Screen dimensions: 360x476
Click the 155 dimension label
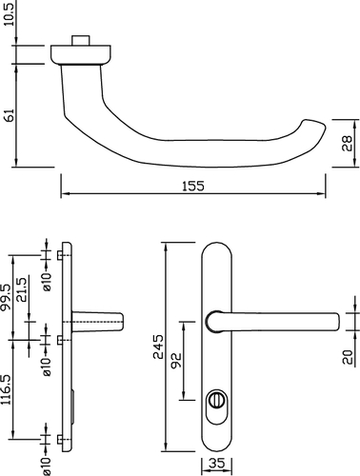(193, 186)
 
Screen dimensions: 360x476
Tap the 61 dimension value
(10, 115)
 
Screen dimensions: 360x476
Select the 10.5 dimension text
(10, 13)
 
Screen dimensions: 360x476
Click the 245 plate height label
(158, 347)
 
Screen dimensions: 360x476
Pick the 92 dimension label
(175, 361)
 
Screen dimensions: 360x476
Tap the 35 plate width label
(217, 464)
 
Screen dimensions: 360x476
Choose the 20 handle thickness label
(348, 357)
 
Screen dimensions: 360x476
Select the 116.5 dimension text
(7, 389)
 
